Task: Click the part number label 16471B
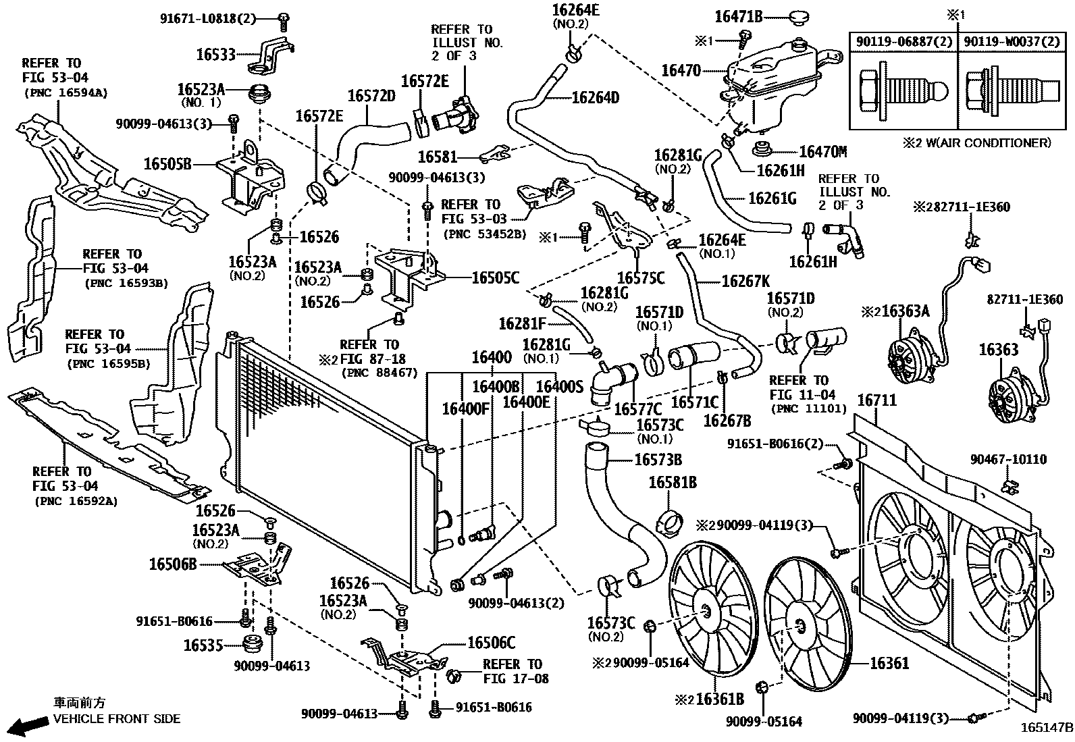[737, 17]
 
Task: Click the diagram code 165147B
[1046, 728]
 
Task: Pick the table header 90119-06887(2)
[903, 42]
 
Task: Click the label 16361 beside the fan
[889, 664]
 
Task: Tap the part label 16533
[216, 55]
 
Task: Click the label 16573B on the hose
[658, 460]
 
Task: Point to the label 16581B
[673, 483]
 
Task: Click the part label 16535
[203, 645]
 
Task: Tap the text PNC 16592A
[74, 501]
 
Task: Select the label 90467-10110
[1008, 459]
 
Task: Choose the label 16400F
[465, 408]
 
